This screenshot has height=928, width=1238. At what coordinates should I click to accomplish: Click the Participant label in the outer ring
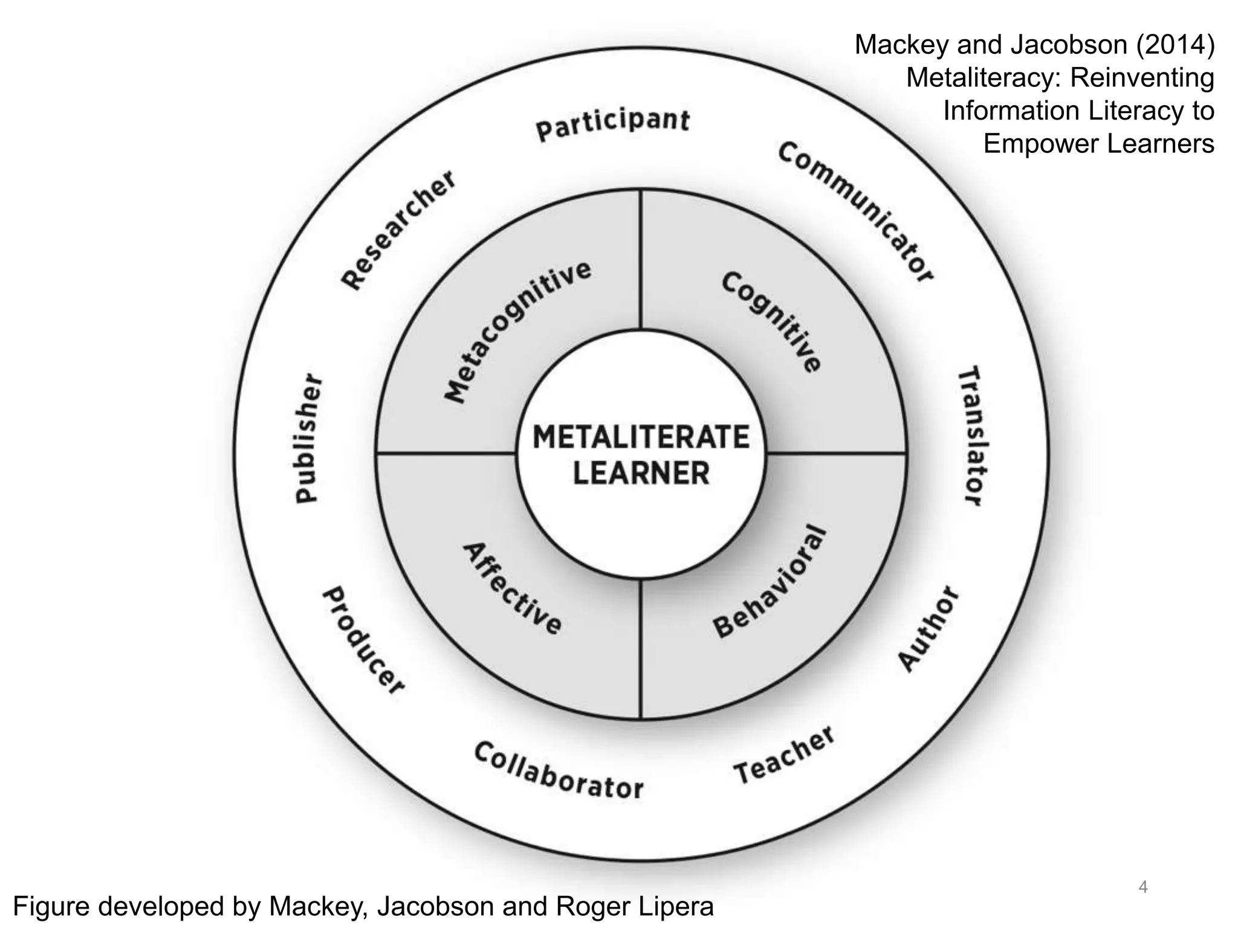[x=612, y=124]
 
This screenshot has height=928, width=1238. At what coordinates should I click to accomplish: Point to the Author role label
[x=928, y=628]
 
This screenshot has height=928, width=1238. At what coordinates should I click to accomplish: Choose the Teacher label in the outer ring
[x=785, y=755]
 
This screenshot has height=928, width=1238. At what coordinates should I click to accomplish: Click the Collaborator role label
[x=559, y=772]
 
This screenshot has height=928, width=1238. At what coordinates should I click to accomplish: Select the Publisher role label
[x=308, y=438]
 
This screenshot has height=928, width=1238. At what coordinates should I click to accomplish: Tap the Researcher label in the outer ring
[x=398, y=229]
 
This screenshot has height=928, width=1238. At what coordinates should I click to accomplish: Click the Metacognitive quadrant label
[x=518, y=331]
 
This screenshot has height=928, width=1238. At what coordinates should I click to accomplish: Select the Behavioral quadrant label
[x=770, y=581]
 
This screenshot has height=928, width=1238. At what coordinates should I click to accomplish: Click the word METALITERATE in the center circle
[x=641, y=437]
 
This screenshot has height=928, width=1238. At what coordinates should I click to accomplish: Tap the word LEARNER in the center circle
[x=641, y=473]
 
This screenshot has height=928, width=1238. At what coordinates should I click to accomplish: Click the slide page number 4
[x=1142, y=887]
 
